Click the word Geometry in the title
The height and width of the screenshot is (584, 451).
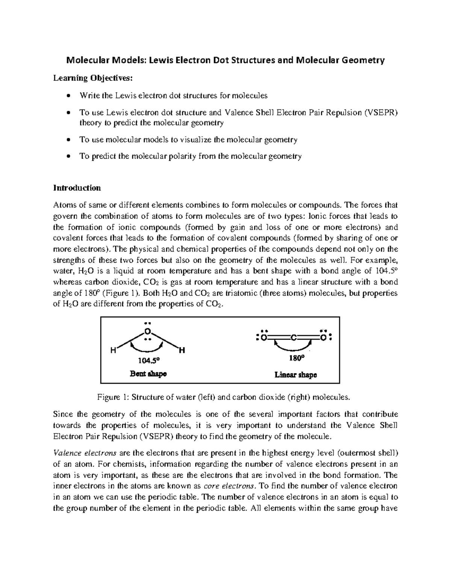tap(361, 60)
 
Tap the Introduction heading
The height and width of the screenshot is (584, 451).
tap(77, 188)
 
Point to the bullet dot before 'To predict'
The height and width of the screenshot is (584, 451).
tap(68, 156)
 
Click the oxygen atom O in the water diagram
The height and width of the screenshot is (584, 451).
tap(148, 332)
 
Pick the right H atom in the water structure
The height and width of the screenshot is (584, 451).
tap(182, 351)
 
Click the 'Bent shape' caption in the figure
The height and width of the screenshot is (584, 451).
tap(148, 374)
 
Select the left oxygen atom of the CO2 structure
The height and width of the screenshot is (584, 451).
tap(263, 338)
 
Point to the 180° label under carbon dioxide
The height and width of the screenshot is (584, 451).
tap(296, 358)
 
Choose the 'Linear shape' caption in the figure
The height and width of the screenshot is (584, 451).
tap(295, 375)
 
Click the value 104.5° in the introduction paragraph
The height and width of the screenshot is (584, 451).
tap(386, 271)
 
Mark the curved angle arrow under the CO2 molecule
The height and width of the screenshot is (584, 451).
tap(293, 346)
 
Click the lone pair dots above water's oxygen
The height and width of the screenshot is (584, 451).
tap(148, 323)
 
